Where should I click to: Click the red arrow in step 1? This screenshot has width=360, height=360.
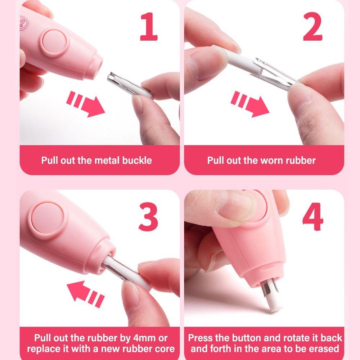coord(86,104)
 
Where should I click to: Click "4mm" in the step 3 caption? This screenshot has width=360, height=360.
coord(143,338)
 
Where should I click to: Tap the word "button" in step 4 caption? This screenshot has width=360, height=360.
coord(248,338)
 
